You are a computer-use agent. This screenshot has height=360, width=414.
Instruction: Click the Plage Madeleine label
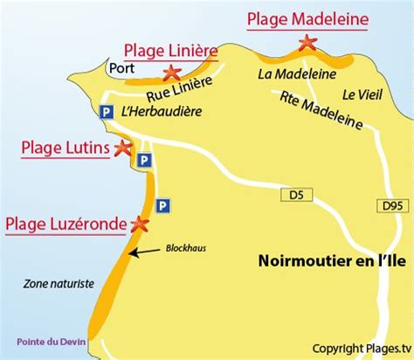[307, 18]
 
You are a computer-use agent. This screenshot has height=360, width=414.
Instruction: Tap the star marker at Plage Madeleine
[307, 41]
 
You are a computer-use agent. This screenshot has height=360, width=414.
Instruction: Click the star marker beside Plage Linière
[173, 73]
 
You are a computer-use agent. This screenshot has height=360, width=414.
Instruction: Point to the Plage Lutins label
[65, 149]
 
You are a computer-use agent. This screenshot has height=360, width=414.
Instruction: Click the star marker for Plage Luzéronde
[138, 224]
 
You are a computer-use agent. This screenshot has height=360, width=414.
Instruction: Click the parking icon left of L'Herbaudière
[106, 112]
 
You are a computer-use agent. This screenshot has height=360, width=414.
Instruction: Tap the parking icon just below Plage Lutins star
[143, 161]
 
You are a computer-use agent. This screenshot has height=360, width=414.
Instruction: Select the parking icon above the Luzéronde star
[162, 204]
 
